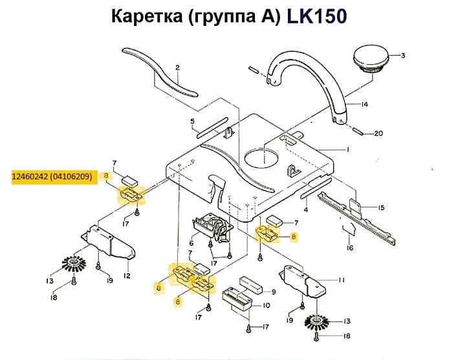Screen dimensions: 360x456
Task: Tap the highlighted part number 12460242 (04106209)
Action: click(x=52, y=175)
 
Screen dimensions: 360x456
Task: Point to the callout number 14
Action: click(x=365, y=104)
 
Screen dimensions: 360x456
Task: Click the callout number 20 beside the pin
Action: click(x=378, y=134)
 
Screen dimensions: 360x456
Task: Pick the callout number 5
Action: click(x=192, y=121)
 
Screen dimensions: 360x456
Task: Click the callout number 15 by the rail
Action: click(x=381, y=208)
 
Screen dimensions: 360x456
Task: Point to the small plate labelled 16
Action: click(x=347, y=226)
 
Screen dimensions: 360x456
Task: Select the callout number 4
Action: click(x=305, y=210)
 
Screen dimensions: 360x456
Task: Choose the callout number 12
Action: click(x=127, y=276)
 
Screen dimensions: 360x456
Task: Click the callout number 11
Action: click(x=341, y=279)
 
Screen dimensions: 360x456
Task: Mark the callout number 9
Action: click(x=274, y=292)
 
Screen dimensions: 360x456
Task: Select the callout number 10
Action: click(x=266, y=306)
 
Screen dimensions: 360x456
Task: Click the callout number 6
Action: click(x=191, y=243)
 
